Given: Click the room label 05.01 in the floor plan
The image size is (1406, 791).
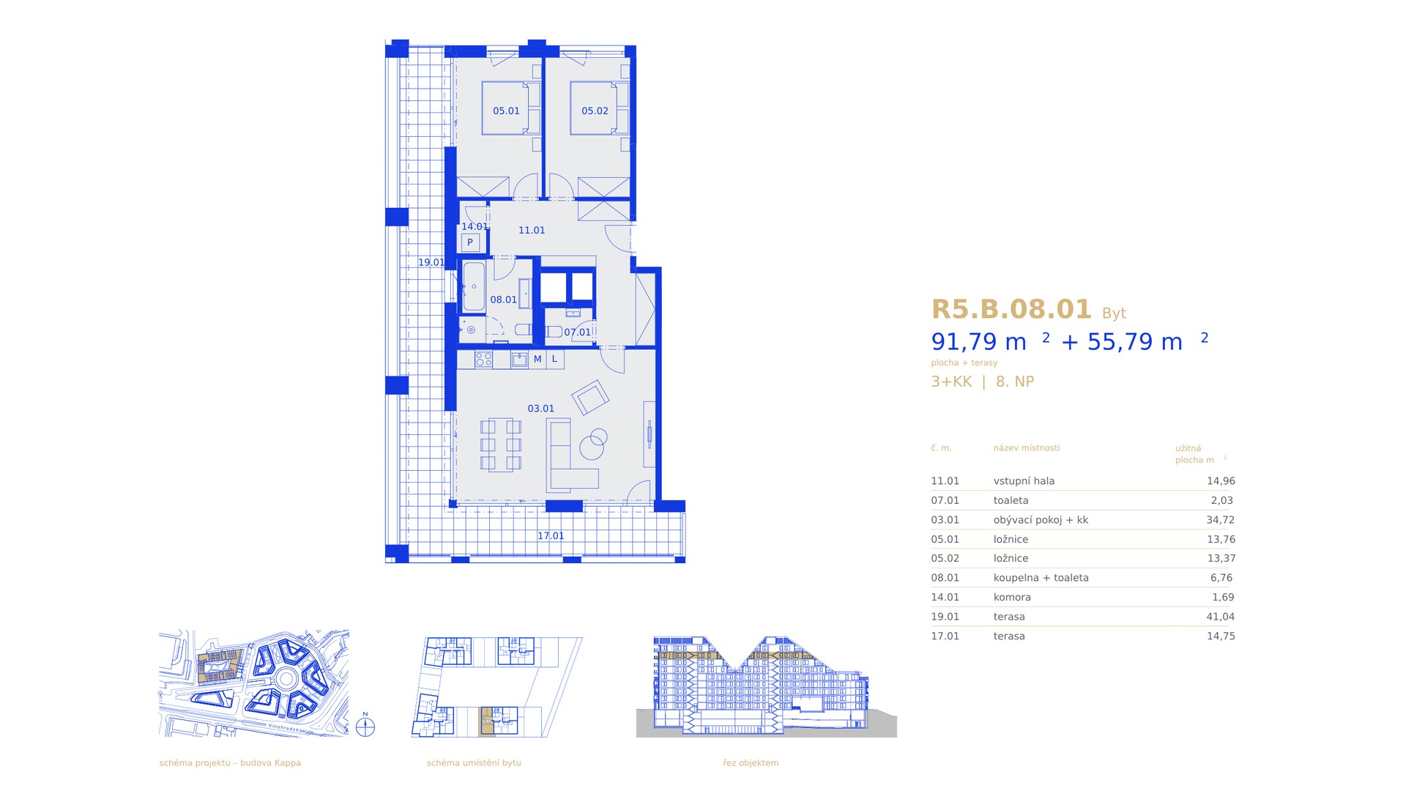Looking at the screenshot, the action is pyautogui.click(x=506, y=111).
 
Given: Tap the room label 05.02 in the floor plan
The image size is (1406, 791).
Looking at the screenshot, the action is pyautogui.click(x=595, y=111).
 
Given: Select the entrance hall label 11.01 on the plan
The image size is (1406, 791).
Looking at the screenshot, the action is pyautogui.click(x=532, y=230).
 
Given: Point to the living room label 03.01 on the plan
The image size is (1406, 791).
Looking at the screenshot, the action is pyautogui.click(x=541, y=409).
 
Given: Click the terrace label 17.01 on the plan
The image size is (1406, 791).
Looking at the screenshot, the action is pyautogui.click(x=551, y=536).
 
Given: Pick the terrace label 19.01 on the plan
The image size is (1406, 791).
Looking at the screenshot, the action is pyautogui.click(x=431, y=262).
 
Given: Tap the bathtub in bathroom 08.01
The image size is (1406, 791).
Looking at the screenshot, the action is pyautogui.click(x=473, y=286).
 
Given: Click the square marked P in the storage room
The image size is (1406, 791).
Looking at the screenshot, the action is pyautogui.click(x=470, y=242).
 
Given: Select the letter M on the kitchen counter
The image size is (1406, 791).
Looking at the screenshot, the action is pyautogui.click(x=538, y=359).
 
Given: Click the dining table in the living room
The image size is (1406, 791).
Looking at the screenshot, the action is pyautogui.click(x=501, y=444).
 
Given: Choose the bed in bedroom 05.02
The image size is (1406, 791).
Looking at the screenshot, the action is pyautogui.click(x=599, y=108).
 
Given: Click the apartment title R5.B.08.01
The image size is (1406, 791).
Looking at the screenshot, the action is pyautogui.click(x=1011, y=310).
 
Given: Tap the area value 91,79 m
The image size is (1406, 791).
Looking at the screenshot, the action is pyautogui.click(x=978, y=342).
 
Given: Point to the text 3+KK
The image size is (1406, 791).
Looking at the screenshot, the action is pyautogui.click(x=951, y=382).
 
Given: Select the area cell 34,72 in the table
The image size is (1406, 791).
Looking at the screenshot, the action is pyautogui.click(x=1221, y=520).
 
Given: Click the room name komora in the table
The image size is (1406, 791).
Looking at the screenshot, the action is pyautogui.click(x=1012, y=597).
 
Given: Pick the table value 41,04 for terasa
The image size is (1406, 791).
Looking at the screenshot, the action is pyautogui.click(x=1221, y=617).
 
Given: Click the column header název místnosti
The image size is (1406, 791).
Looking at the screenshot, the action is pyautogui.click(x=1027, y=448).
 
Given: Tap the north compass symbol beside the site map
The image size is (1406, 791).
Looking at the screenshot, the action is pyautogui.click(x=365, y=726).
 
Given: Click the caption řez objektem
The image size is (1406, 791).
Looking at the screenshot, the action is pyautogui.click(x=751, y=762).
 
